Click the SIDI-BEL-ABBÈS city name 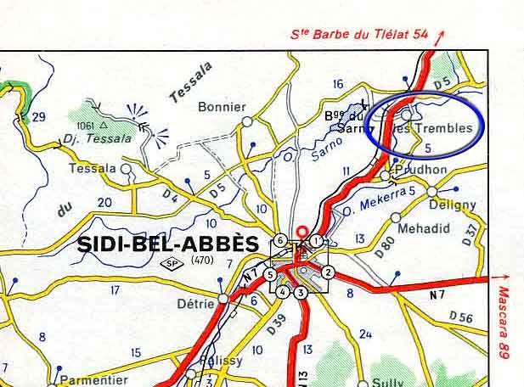click(x=167, y=244)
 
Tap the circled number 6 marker click(x=279, y=241)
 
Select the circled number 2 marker click(x=328, y=272)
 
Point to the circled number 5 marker click(x=269, y=274)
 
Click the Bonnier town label click(x=221, y=108)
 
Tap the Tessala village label click(x=93, y=169)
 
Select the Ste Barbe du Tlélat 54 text click(x=360, y=35)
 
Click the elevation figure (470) click(x=203, y=260)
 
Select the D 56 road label click(x=461, y=318)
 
